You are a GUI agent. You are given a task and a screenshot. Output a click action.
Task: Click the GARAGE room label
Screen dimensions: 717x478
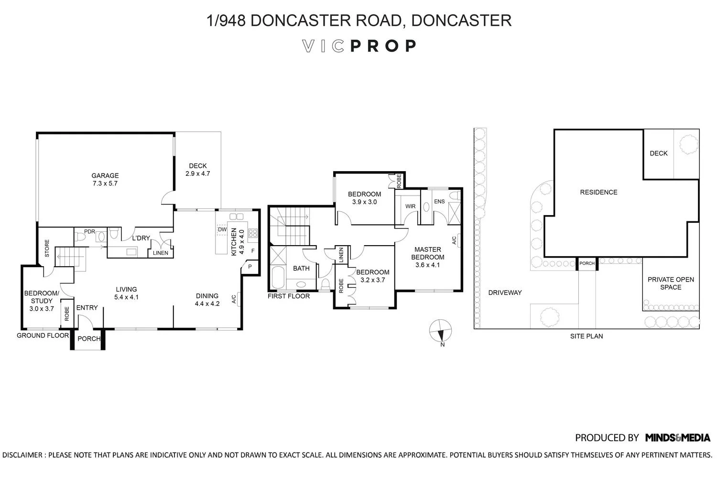click(x=105, y=175)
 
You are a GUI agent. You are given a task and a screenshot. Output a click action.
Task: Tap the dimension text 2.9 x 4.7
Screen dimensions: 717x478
click(x=197, y=174)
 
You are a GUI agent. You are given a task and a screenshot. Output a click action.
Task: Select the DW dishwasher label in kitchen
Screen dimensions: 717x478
click(x=222, y=229)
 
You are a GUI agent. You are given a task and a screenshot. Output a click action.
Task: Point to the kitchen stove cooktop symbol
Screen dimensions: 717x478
click(x=253, y=233)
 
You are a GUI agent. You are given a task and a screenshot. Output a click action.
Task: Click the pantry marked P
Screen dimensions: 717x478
click(x=250, y=266)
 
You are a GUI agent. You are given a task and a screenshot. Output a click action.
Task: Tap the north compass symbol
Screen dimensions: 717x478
click(x=440, y=331)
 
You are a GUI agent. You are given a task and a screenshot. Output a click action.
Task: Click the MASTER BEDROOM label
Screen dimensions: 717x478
click(x=428, y=253)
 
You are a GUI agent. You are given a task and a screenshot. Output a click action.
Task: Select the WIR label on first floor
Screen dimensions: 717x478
click(x=410, y=206)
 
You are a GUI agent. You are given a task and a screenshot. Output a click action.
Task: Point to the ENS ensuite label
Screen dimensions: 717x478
click(x=439, y=201)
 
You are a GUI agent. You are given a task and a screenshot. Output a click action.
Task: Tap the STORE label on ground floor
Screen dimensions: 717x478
click(x=47, y=248)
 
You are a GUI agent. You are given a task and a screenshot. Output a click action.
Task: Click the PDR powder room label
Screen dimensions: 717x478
click(x=89, y=231)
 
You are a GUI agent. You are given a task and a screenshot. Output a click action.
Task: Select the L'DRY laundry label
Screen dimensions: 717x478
click(x=141, y=238)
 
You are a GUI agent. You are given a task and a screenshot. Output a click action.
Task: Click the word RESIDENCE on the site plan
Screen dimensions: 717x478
click(x=598, y=192)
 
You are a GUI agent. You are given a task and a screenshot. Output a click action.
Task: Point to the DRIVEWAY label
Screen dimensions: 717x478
click(x=505, y=293)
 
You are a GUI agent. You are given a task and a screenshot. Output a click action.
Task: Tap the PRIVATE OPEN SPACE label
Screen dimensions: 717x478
click(x=671, y=283)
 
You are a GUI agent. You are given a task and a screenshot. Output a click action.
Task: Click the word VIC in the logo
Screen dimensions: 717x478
click(x=323, y=46)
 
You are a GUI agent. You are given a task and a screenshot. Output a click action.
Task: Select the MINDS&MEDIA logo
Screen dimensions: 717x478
click(x=678, y=437)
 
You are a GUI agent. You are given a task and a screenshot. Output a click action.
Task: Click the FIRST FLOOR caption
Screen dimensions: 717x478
click(x=288, y=296)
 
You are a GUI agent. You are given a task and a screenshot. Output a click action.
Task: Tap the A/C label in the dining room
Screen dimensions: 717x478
click(x=234, y=299)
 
